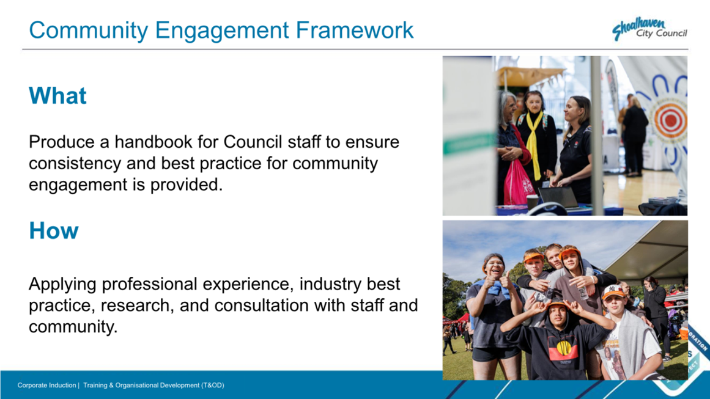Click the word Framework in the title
[355, 31]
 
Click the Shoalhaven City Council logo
[649, 29]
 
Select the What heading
[57, 95]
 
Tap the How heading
[54, 231]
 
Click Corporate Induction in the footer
[46, 386]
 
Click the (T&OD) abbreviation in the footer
[213, 386]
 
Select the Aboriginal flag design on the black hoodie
[563, 350]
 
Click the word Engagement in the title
[222, 31]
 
